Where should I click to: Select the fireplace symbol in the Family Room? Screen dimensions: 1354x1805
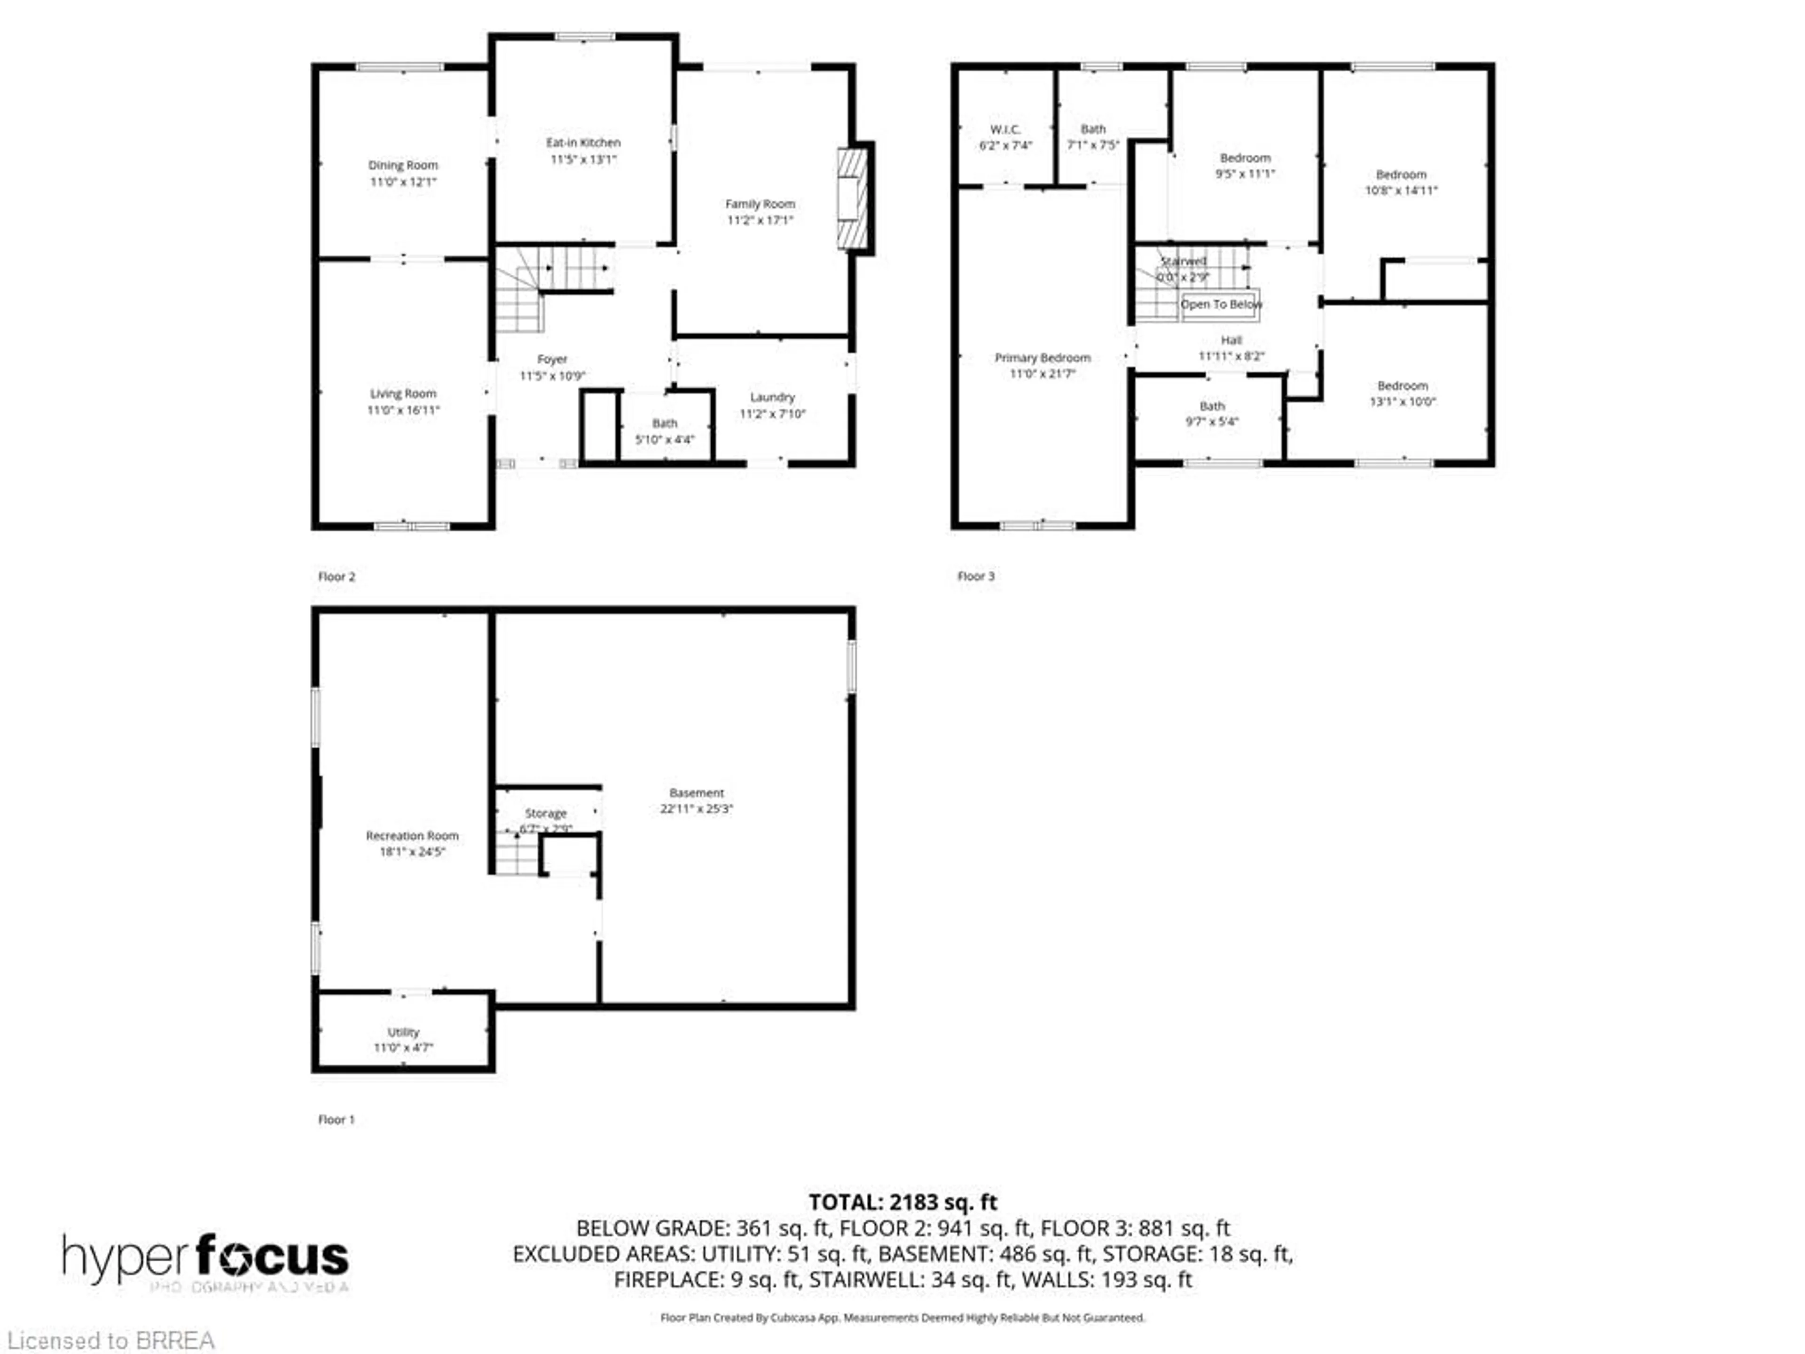[853, 198]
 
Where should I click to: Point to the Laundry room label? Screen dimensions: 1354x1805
[772, 397]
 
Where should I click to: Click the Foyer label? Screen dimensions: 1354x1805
[552, 359]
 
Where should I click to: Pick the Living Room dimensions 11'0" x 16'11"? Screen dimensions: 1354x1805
[403, 409]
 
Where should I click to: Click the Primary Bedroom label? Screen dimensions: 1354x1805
[1042, 357]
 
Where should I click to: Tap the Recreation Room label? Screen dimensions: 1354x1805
[412, 836]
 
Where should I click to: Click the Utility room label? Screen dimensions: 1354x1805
[403, 1031]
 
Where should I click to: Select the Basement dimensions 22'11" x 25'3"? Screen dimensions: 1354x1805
[696, 809]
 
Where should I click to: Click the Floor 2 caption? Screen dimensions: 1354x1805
[336, 576]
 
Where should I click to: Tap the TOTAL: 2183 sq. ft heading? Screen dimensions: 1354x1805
[902, 1202]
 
